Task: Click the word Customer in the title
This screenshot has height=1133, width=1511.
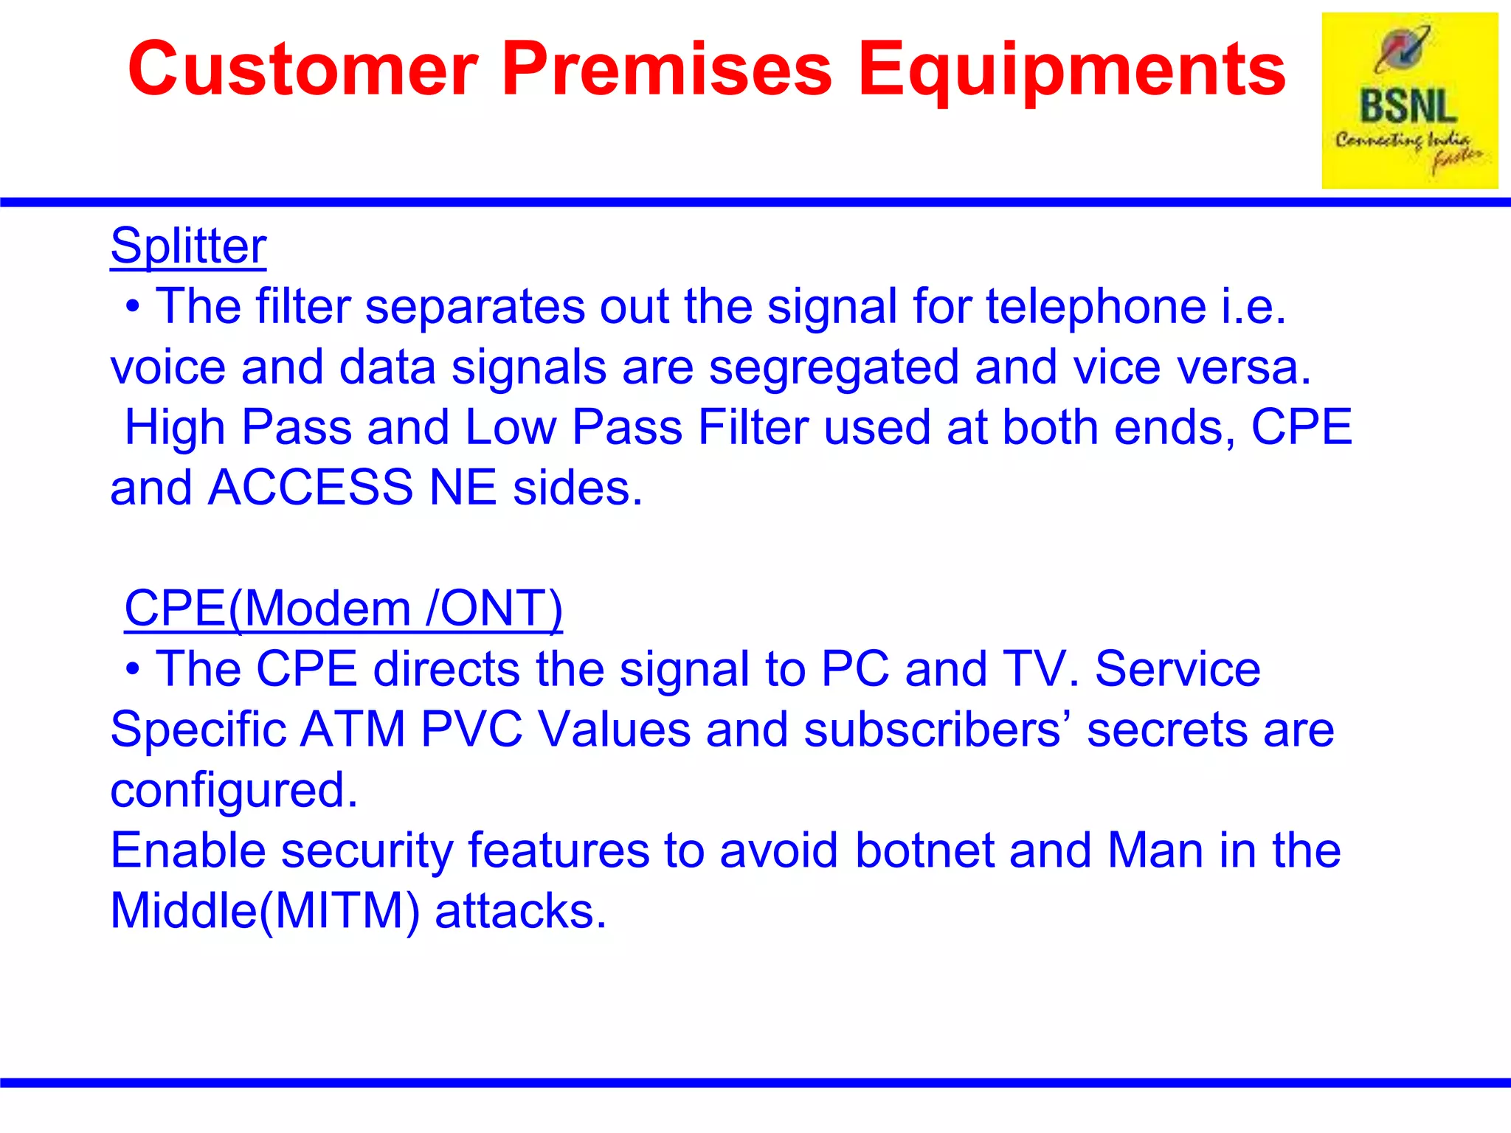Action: pos(303,69)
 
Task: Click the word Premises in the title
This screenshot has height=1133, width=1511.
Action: pos(667,69)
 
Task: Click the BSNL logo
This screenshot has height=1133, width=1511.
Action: pos(1409,101)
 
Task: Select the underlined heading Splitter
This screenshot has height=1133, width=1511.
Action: pos(188,245)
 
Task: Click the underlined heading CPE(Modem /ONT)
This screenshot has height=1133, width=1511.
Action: pos(343,609)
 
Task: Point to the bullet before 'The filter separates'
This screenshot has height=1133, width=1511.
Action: pos(132,307)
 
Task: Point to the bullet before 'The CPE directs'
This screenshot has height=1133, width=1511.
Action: pos(132,670)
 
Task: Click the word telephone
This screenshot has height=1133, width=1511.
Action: pos(1096,307)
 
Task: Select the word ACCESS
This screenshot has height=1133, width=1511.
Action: pos(311,488)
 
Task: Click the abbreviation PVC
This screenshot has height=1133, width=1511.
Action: pos(471,730)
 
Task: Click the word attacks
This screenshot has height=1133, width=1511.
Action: pos(520,911)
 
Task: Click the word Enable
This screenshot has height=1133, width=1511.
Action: pos(187,850)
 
